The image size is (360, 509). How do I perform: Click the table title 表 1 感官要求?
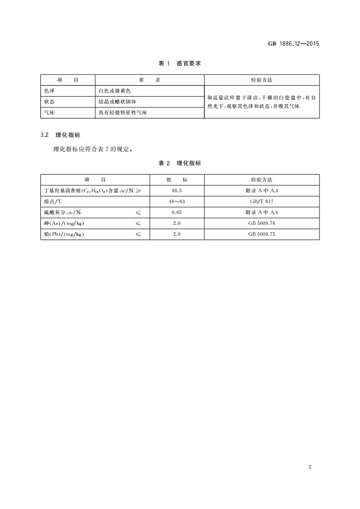180,63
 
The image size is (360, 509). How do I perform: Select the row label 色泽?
49,91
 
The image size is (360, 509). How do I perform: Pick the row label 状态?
49,102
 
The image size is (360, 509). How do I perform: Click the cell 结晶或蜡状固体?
117,102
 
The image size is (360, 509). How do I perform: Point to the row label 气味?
49,113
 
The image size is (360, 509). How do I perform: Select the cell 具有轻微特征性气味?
123,113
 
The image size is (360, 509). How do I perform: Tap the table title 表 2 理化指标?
180,163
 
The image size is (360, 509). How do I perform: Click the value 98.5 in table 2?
177,191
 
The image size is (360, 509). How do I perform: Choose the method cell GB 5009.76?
261,224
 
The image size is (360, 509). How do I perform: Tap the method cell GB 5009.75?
261,235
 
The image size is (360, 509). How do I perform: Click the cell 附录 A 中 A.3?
261,191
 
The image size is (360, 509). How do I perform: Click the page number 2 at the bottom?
309,467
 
